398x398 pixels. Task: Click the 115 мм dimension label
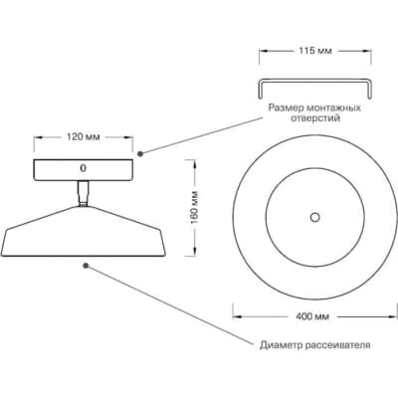click(315, 51)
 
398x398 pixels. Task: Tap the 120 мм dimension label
click(84, 137)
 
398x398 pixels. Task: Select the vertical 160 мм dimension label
click(194, 207)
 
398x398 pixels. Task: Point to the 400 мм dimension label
click(312, 316)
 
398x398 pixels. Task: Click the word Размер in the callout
click(286, 108)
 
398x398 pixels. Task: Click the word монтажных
click(333, 108)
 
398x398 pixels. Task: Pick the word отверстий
click(315, 118)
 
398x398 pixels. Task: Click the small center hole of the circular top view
click(314, 218)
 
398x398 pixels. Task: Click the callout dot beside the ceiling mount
click(140, 153)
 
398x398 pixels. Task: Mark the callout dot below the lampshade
click(86, 266)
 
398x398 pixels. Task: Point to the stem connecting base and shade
click(83, 193)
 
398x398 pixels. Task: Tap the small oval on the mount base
click(83, 168)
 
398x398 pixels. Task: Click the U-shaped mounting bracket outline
click(314, 81)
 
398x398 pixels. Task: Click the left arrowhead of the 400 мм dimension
click(236, 316)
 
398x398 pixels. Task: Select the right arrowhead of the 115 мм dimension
click(367, 51)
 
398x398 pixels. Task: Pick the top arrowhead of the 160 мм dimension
click(194, 163)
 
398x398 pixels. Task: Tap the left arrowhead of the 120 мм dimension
click(38, 137)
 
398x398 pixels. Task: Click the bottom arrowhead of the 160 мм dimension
click(194, 252)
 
